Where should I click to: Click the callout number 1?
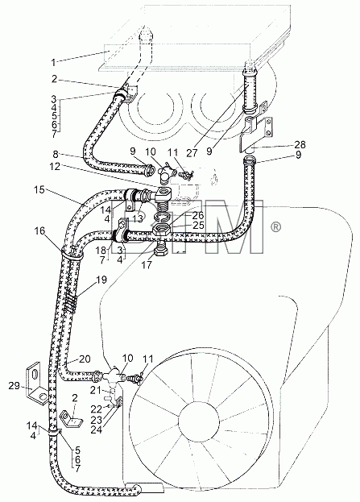click(x=53, y=62)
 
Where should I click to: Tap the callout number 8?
click(x=56, y=155)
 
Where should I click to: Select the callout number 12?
click(x=55, y=166)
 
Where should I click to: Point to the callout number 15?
click(x=39, y=189)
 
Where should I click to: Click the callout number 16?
click(x=39, y=230)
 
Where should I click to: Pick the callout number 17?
click(x=147, y=265)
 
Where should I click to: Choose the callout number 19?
click(x=101, y=280)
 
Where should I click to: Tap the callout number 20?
click(x=85, y=359)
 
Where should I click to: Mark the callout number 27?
click(x=192, y=153)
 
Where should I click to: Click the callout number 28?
click(x=300, y=144)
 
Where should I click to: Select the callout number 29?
click(x=14, y=386)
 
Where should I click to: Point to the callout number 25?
click(x=198, y=225)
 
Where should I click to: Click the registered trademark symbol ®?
click(x=276, y=227)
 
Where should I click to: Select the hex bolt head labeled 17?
click(x=161, y=251)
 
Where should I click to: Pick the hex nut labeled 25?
click(x=160, y=230)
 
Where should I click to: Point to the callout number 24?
click(x=96, y=429)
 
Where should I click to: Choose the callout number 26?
click(x=198, y=215)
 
